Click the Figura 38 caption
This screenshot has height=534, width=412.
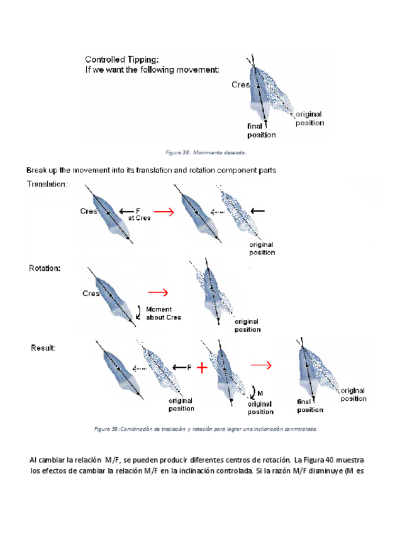pos(205,152)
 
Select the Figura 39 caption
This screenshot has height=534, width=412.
pos(205,429)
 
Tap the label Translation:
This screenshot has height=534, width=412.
pos(47,185)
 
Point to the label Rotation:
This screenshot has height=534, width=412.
pos(45,268)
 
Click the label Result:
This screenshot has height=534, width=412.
pos(43,348)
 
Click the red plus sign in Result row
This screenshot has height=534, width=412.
pos(201,368)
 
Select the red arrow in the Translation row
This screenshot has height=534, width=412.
pos(163,212)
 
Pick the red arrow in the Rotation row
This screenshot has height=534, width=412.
pos(158,292)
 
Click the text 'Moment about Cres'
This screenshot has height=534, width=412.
pos(163,313)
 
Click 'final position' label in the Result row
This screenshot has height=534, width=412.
pos(310,406)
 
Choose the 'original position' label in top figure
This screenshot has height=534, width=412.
pos(309,118)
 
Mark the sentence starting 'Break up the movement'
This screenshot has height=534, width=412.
pos(151,170)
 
